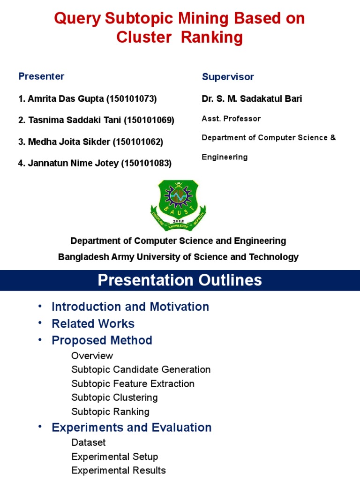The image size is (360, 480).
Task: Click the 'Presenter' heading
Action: [x=41, y=76]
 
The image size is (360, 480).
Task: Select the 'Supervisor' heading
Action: [x=228, y=77]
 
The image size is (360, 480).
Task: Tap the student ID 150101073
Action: [x=132, y=99]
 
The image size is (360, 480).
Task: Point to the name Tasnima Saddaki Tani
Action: [x=75, y=120]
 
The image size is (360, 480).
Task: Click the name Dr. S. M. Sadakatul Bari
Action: [x=252, y=99]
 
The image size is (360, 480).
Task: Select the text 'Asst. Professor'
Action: [x=231, y=119]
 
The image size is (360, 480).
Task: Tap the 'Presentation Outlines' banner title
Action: [x=180, y=280]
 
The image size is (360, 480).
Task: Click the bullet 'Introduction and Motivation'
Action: [x=130, y=307]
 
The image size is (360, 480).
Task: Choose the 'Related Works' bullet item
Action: [x=93, y=324]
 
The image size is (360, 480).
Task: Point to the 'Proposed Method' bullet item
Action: [x=102, y=340]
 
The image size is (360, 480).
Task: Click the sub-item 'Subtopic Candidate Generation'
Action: [x=141, y=369]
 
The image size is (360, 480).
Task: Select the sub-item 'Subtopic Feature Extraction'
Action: [x=133, y=383]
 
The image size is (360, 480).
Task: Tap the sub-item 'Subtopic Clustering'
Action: [x=114, y=397]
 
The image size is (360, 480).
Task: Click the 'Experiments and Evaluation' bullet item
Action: [x=131, y=427]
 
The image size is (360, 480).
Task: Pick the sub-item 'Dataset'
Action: [x=89, y=442]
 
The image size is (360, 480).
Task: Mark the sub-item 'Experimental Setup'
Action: [x=114, y=457]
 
